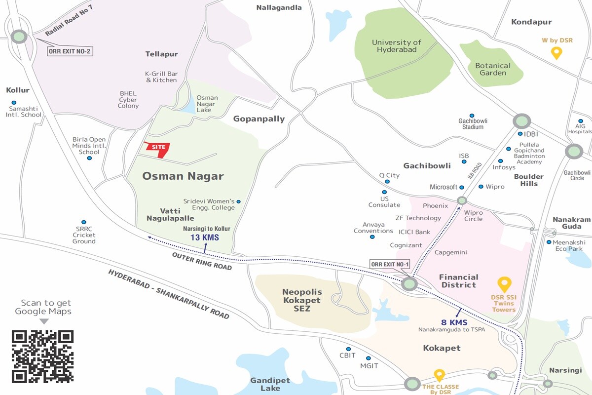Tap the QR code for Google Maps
[42, 356]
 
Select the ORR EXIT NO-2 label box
[70, 51]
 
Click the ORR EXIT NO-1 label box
[390, 264]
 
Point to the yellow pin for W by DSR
[556, 53]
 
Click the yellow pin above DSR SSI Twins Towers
[504, 284]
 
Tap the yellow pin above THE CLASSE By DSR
[439, 375]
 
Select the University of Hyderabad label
[397, 46]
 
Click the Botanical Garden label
[493, 69]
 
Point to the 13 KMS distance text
[204, 237]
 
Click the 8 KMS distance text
[454, 322]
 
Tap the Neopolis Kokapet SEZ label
[301, 300]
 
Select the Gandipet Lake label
[270, 384]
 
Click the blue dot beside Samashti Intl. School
[13, 103]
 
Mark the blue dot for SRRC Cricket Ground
[84, 222]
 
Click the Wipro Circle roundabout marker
[462, 200]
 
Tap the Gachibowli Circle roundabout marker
[574, 151]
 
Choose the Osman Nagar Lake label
[207, 104]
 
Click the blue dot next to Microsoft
[462, 187]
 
